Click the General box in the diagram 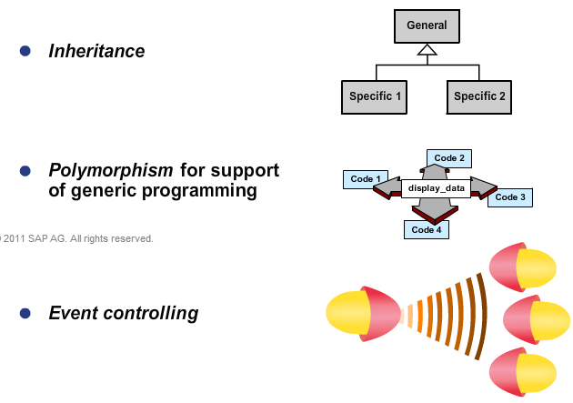coord(427,26)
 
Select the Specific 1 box coord(376,96)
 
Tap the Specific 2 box coord(480,96)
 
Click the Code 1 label coord(366,178)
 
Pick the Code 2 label coord(449,158)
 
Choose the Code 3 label coord(510,197)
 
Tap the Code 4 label coord(426,229)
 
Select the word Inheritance coord(96,51)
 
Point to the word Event coord(74,314)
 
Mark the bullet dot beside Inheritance coord(25,51)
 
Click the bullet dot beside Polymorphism coord(25,171)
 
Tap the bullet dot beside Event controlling coord(25,314)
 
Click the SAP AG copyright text coord(76,238)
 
